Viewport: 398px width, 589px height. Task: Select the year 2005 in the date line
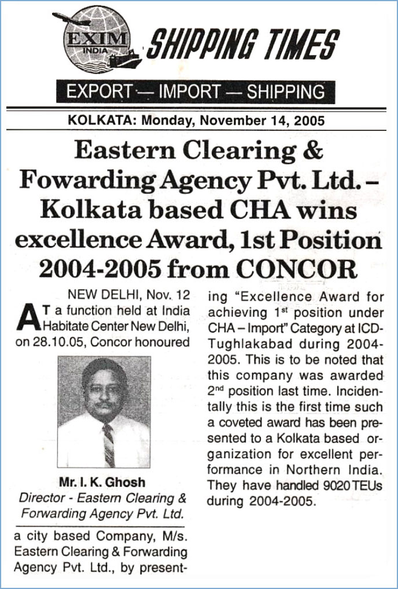tap(309, 121)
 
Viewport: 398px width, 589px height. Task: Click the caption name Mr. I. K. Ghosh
tap(102, 482)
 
